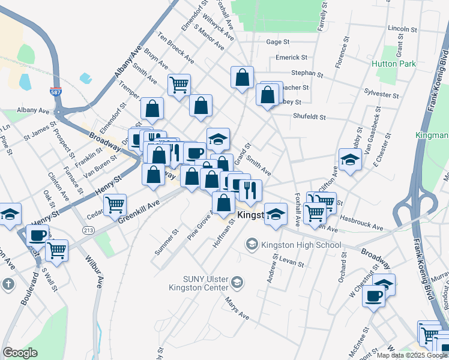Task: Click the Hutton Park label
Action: (x=394, y=64)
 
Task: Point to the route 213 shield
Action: (x=88, y=230)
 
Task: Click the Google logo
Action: (x=20, y=353)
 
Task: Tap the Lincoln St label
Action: (x=402, y=28)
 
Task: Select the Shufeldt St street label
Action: (x=309, y=117)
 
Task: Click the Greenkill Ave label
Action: (x=139, y=212)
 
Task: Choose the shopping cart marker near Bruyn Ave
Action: (x=179, y=84)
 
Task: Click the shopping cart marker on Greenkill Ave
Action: (x=114, y=205)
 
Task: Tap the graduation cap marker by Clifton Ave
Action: (x=349, y=159)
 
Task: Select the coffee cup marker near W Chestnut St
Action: (x=373, y=295)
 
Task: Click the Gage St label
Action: (x=278, y=42)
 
